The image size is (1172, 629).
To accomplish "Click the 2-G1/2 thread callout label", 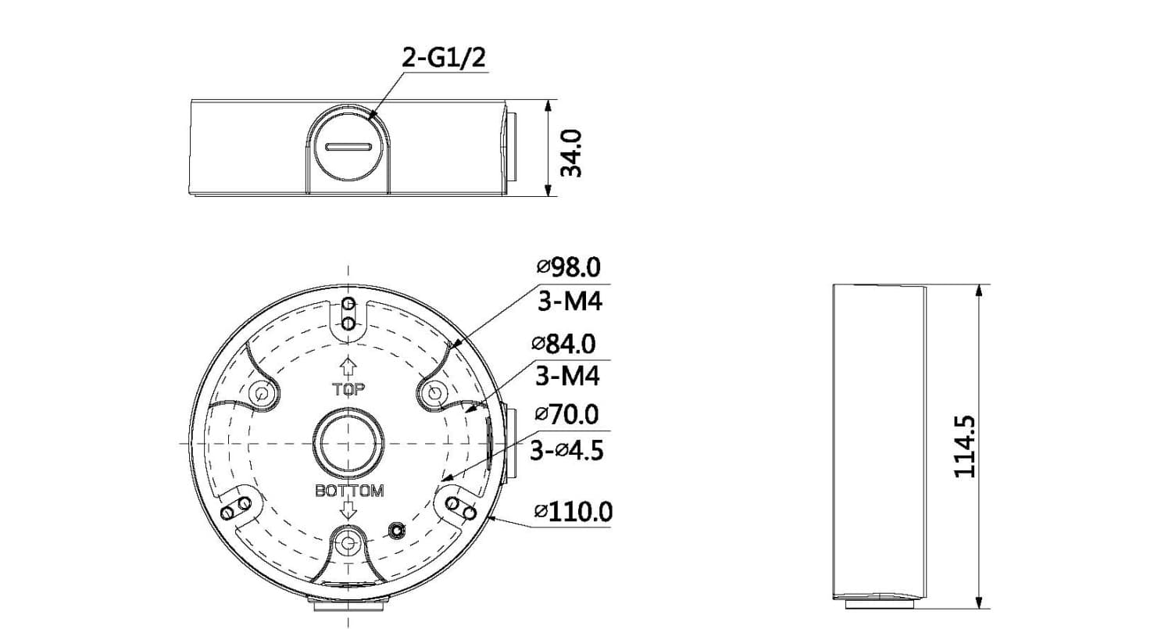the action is [444, 58].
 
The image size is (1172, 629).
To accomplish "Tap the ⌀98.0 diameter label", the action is [569, 267].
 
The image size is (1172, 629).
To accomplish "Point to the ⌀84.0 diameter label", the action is [564, 344].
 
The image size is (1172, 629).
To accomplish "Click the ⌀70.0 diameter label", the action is [566, 414].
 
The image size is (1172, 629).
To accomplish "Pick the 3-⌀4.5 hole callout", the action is [567, 450].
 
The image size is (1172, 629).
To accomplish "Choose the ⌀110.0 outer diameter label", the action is [573, 511].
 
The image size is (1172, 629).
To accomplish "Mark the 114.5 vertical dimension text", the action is [964, 446].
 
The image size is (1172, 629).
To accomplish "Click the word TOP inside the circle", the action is [349, 389].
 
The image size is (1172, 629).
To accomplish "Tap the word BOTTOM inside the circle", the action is [349, 491].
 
